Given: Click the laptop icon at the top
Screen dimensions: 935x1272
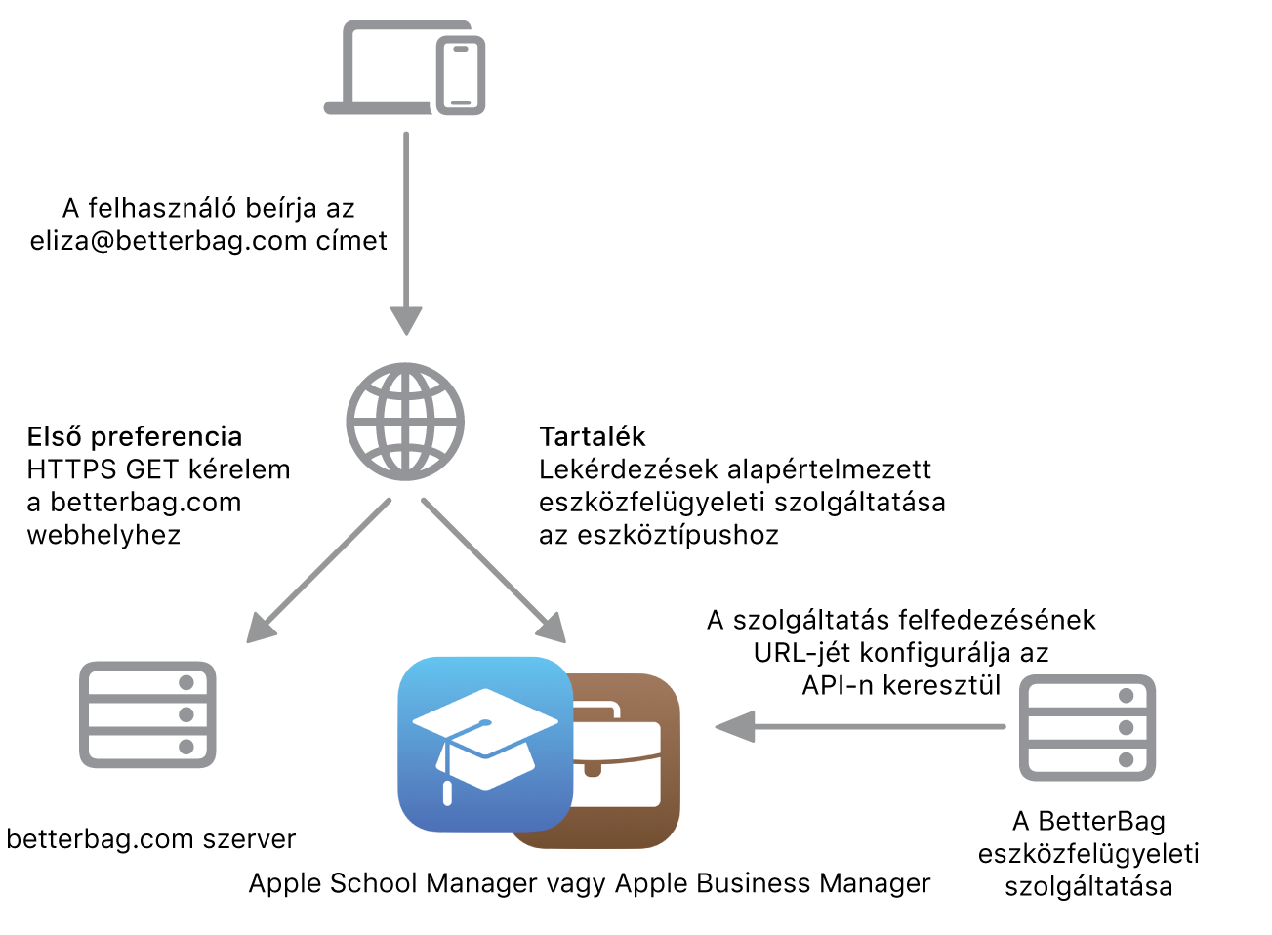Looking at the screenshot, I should click(381, 68).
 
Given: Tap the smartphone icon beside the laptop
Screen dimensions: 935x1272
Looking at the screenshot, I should click(461, 76).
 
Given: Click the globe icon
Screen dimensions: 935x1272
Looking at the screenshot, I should click(405, 422).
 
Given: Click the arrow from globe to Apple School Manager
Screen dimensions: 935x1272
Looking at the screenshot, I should click(493, 570).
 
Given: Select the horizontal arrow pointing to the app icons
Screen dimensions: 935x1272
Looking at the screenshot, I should click(859, 726).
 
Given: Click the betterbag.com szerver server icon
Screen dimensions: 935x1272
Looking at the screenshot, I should click(147, 714).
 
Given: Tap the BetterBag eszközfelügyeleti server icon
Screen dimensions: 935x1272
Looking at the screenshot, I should click(1087, 728).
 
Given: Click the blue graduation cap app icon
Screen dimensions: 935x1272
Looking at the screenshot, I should click(485, 744).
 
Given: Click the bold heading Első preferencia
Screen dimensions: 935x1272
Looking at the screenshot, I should click(135, 436).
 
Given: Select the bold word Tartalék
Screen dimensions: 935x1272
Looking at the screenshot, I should click(593, 436).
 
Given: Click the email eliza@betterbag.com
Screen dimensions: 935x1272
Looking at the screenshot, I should click(168, 241).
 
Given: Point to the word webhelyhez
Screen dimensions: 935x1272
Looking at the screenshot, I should click(103, 535).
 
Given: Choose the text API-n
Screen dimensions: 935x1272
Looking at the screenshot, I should click(838, 685).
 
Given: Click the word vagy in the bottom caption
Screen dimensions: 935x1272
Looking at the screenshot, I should click(576, 883).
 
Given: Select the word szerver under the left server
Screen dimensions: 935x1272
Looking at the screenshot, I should click(258, 839).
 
